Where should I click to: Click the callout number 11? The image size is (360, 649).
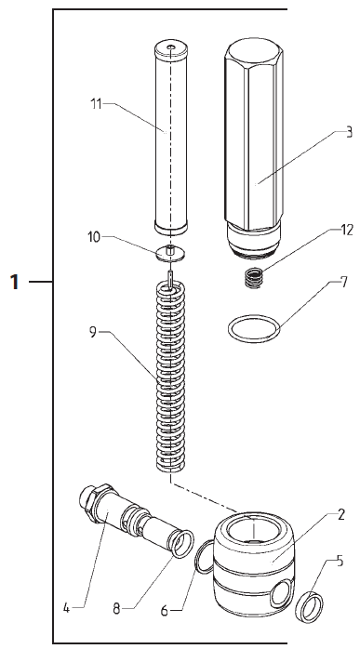click(96, 104)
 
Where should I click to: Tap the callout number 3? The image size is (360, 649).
click(349, 132)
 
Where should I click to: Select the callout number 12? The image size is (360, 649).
click(347, 231)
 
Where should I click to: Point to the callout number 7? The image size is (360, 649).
click(344, 283)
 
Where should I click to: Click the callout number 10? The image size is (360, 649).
click(94, 237)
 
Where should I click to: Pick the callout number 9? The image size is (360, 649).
click(93, 332)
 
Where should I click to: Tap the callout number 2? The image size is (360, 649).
click(341, 514)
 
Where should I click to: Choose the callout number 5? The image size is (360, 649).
click(340, 561)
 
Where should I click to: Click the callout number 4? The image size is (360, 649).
click(66, 608)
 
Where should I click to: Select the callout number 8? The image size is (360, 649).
click(117, 609)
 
